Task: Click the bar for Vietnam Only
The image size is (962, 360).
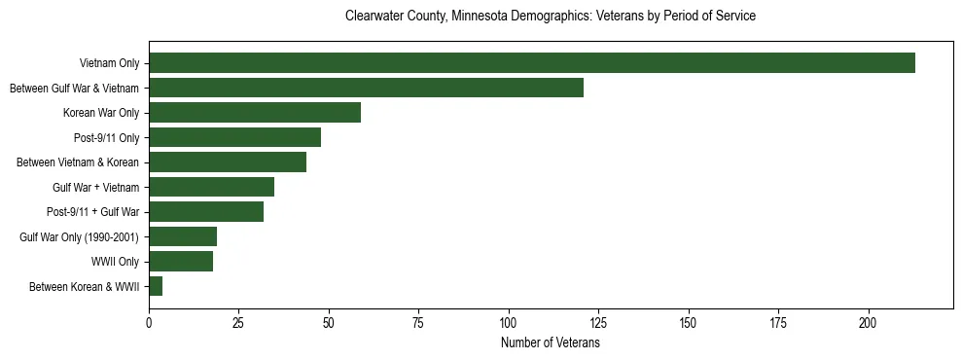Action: tap(532, 63)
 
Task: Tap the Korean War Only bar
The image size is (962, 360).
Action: tap(255, 113)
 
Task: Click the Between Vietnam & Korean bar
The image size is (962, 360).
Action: tap(228, 162)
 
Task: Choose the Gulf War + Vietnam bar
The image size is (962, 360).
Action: tap(211, 187)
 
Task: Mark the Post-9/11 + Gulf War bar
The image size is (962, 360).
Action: tap(206, 212)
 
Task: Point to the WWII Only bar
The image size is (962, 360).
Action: tap(181, 261)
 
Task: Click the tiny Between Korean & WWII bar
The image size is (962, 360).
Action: tap(156, 286)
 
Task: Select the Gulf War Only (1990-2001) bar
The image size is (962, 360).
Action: tap(183, 236)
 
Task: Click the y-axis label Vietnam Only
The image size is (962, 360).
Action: tap(109, 64)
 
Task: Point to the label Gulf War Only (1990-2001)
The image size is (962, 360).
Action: tap(79, 237)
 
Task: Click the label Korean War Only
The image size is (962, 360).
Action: tap(101, 113)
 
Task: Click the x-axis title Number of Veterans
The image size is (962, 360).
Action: tap(551, 343)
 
